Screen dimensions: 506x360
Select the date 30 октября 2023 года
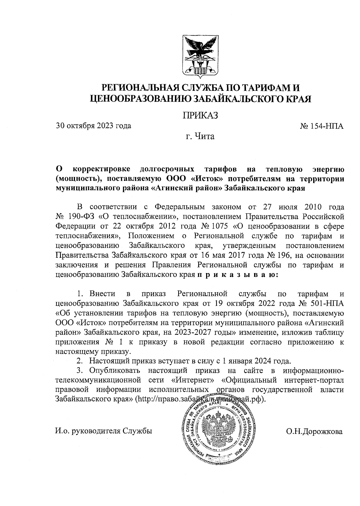(94, 126)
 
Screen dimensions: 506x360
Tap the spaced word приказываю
(237, 275)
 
